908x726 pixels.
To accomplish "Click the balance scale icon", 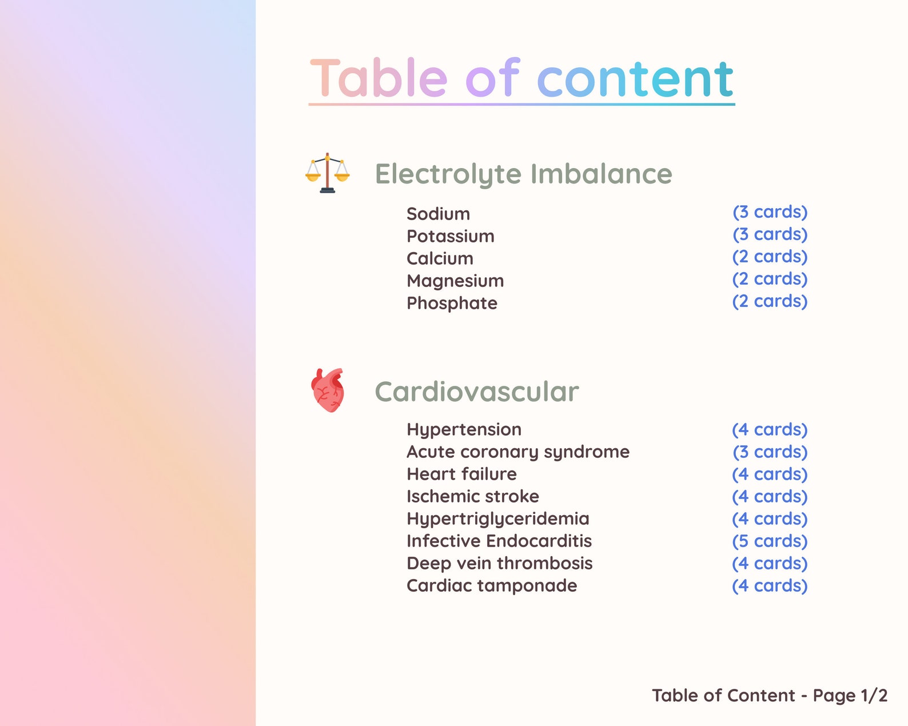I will tap(327, 173).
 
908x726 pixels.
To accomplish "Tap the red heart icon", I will tap(328, 390).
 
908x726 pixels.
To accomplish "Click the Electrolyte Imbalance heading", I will tap(523, 174).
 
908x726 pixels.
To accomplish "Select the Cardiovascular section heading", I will tap(476, 392).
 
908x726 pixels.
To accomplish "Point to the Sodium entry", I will tap(438, 214).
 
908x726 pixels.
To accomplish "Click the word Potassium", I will tap(450, 236).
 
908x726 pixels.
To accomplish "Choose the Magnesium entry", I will tap(455, 281).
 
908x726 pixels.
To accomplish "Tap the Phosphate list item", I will tap(452, 303).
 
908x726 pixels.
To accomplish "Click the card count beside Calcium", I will tap(770, 257).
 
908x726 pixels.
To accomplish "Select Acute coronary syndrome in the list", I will tap(517, 452).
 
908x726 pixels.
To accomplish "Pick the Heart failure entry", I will tap(461, 474).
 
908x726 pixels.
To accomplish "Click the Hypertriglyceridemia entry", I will tap(497, 518).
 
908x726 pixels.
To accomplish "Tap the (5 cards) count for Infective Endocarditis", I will tap(770, 541).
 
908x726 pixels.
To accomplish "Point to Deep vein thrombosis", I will tap(499, 563).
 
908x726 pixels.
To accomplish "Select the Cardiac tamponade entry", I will tap(492, 585).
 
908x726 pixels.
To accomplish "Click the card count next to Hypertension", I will tap(770, 429).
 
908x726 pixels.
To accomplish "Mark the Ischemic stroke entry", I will tap(472, 496).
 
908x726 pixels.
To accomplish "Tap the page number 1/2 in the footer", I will tap(874, 695).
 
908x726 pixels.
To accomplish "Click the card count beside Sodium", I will tap(770, 212).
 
